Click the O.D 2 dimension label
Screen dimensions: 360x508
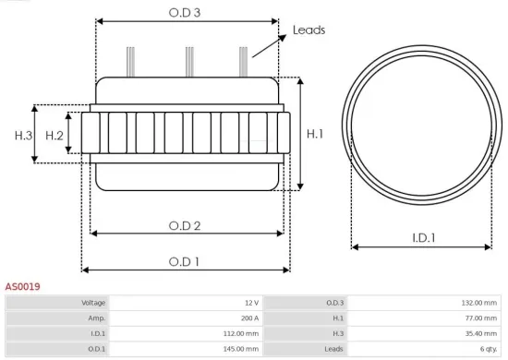[x=185, y=224]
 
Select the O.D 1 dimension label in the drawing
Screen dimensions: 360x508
[x=185, y=261]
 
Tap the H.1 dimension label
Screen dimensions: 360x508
[x=315, y=134]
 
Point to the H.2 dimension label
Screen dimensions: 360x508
[x=54, y=136]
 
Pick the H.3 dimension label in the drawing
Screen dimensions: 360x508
[x=23, y=136]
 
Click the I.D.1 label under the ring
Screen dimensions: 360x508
[x=424, y=238]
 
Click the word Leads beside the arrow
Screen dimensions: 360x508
[x=308, y=30]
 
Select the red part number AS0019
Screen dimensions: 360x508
[x=22, y=287]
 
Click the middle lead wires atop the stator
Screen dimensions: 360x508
[x=189, y=61]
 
